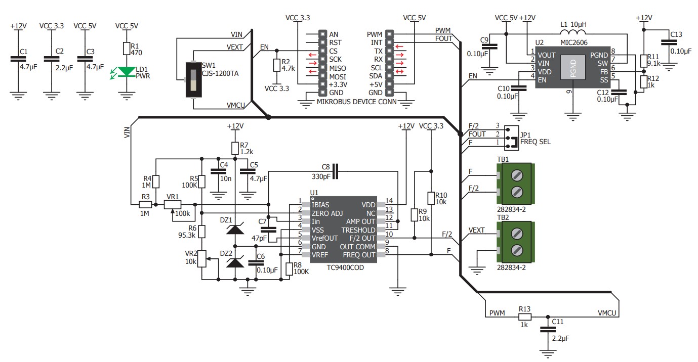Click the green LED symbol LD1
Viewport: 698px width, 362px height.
pyautogui.click(x=127, y=72)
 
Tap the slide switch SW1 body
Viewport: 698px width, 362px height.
pyautogui.click(x=193, y=80)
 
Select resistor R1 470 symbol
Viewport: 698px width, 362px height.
pyautogui.click(x=127, y=49)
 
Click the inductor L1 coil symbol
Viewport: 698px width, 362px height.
pyautogui.click(x=573, y=31)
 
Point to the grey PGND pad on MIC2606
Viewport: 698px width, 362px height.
pyautogui.click(x=573, y=67)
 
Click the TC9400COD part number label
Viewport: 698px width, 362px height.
pyautogui.click(x=345, y=267)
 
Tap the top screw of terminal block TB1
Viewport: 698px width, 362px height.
pyautogui.click(x=517, y=175)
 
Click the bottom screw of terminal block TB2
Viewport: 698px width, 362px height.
pyautogui.click(x=517, y=250)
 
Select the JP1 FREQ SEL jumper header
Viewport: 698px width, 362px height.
pyautogui.click(x=512, y=138)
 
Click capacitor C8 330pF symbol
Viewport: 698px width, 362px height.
pyautogui.click(x=335, y=171)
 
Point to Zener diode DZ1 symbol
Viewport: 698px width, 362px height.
pyautogui.click(x=235, y=229)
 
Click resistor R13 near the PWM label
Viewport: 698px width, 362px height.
pyautogui.click(x=525, y=317)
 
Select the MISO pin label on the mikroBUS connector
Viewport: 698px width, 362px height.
pyautogui.click(x=338, y=68)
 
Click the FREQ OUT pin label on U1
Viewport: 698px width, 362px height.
pyautogui.click(x=359, y=255)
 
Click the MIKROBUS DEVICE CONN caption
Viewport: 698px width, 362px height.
pyautogui.click(x=357, y=102)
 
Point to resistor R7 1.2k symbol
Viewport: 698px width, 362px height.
pyautogui.click(x=235, y=149)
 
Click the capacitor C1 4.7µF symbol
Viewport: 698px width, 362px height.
pyautogui.click(x=18, y=59)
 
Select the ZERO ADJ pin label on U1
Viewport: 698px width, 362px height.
pyautogui.click(x=327, y=213)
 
